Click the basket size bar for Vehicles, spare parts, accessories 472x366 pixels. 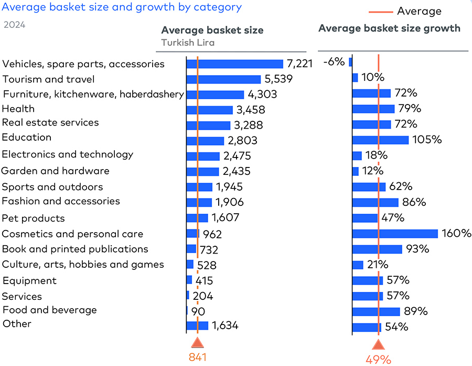click(x=235, y=64)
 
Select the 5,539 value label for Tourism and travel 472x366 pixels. click(x=278, y=79)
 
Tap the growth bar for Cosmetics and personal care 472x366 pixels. click(x=395, y=234)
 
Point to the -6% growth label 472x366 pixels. click(x=334, y=62)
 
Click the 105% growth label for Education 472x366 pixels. click(x=427, y=140)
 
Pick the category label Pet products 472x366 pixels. click(x=34, y=218)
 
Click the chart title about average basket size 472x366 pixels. click(x=121, y=7)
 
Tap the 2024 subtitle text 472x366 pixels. click(x=14, y=25)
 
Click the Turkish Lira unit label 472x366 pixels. click(x=188, y=43)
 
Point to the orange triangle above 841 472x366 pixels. click(x=197, y=343)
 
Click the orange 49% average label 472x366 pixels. click(x=378, y=360)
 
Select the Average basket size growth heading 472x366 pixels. click(x=389, y=28)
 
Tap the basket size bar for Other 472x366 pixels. click(x=198, y=326)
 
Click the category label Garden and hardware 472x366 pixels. click(x=56, y=171)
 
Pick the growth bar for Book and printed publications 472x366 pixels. click(x=377, y=249)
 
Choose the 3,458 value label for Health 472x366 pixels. click(x=251, y=110)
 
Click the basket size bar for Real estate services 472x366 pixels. click(x=209, y=126)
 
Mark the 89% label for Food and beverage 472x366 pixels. click(x=415, y=311)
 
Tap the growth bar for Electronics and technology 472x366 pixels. click(x=357, y=155)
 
